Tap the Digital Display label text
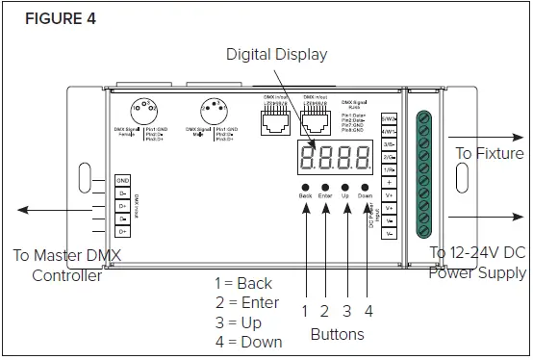click(277, 54)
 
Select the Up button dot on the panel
click(345, 188)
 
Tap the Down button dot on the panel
click(366, 188)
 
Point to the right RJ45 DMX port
click(316, 119)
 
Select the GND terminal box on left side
click(123, 180)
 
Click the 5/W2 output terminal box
click(390, 118)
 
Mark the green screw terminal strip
click(422, 174)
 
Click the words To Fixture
click(489, 153)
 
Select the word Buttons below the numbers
click(337, 334)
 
